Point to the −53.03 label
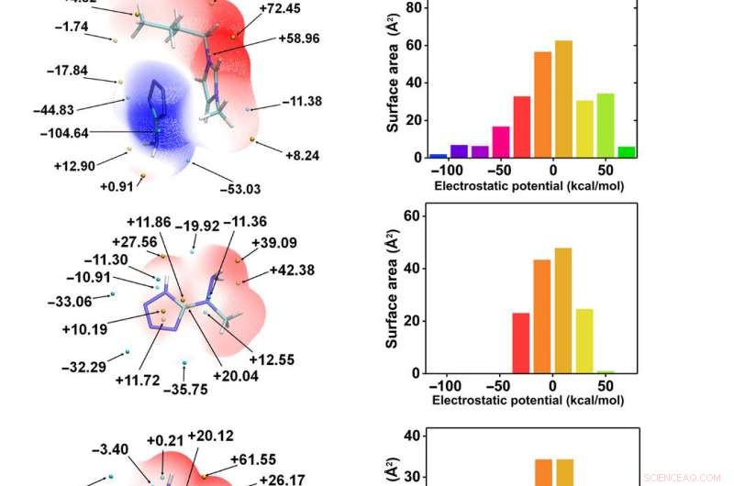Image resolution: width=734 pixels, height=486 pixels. pyautogui.click(x=240, y=189)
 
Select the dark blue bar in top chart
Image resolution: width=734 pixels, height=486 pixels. pyautogui.click(x=439, y=155)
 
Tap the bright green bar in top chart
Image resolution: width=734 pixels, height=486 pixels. pyautogui.click(x=627, y=151)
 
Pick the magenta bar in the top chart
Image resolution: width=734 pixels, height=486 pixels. pyautogui.click(x=501, y=141)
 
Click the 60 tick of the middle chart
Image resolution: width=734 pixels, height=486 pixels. pyautogui.click(x=411, y=215)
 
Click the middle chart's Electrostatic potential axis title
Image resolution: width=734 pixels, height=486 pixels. pyautogui.click(x=528, y=401)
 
